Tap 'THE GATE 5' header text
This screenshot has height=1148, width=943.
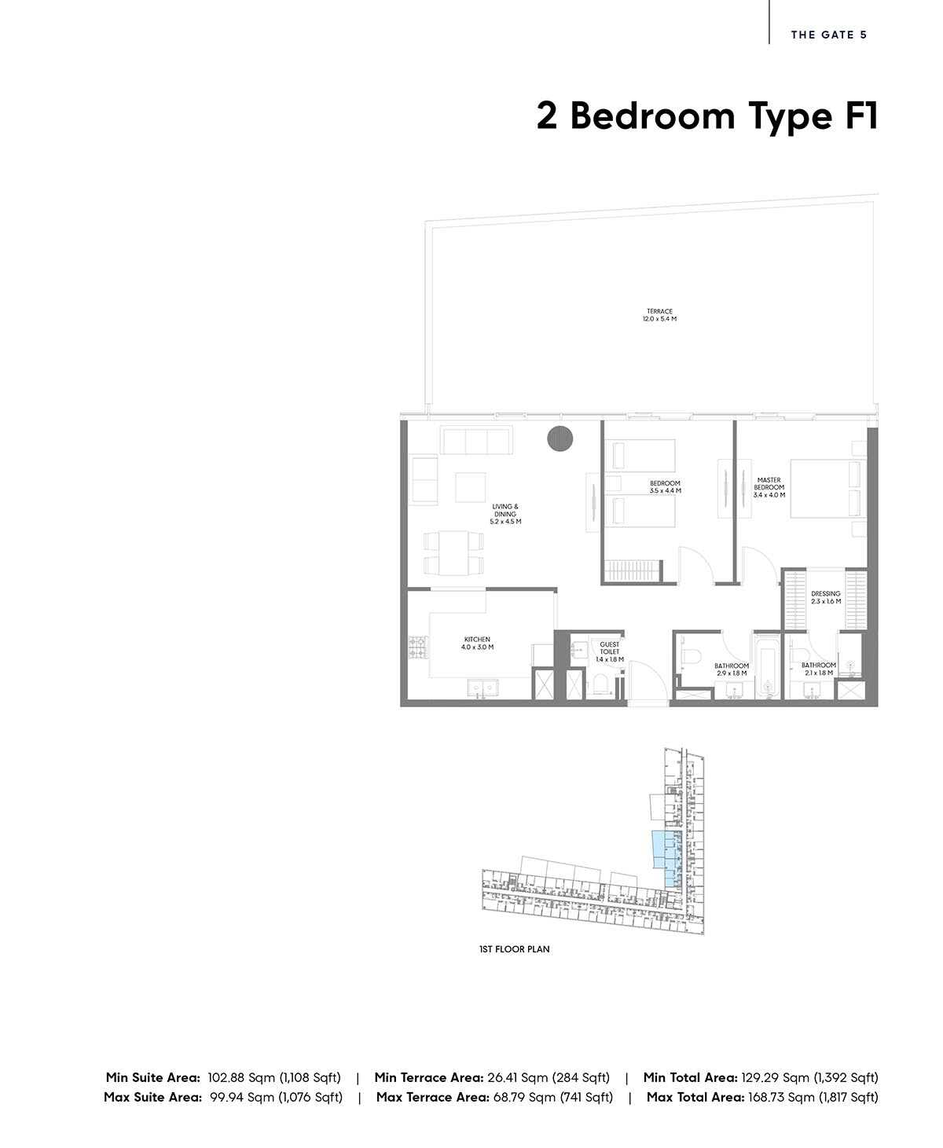tap(829, 35)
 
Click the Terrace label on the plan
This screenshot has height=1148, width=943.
tap(659, 315)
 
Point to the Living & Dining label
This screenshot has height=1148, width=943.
tap(505, 514)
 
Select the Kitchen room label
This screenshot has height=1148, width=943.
tap(477, 644)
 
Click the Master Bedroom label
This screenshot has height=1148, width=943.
tap(769, 488)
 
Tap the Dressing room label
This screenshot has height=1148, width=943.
tap(825, 598)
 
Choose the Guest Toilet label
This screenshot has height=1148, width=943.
tap(609, 652)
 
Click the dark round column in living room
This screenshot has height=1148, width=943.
tap(560, 438)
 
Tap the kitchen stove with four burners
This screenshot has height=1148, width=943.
tap(417, 647)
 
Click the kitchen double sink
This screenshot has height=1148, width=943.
tap(483, 688)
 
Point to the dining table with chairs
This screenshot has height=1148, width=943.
tap(453, 553)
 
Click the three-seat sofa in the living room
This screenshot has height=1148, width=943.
tap(476, 440)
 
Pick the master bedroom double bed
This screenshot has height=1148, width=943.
tap(827, 488)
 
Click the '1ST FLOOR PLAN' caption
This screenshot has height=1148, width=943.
tap(514, 949)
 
